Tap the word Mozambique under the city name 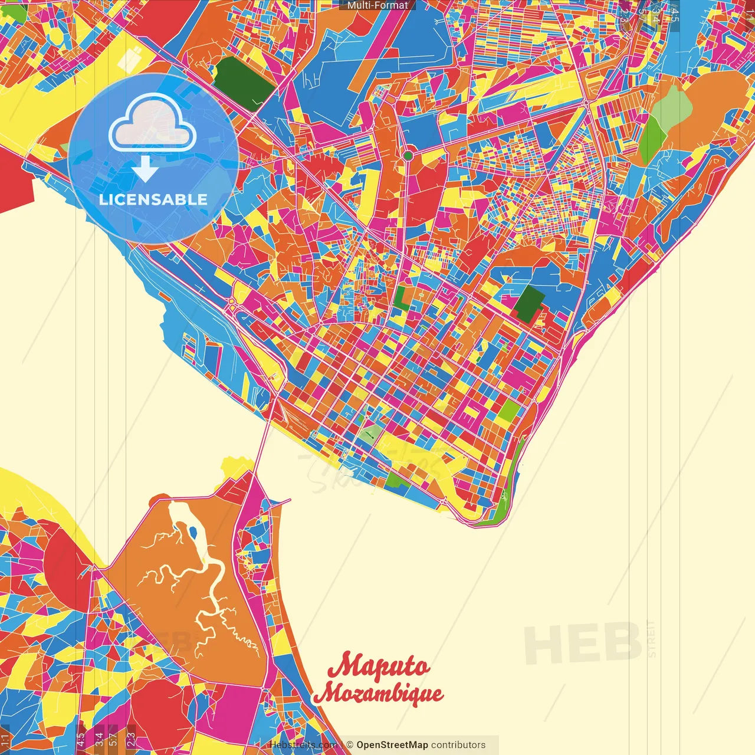379,694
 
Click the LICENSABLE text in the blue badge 153,199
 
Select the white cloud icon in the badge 152,122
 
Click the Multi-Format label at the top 377,5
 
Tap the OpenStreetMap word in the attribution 392,745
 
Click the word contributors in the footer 458,745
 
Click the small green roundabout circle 408,156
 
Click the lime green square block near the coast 508,411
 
